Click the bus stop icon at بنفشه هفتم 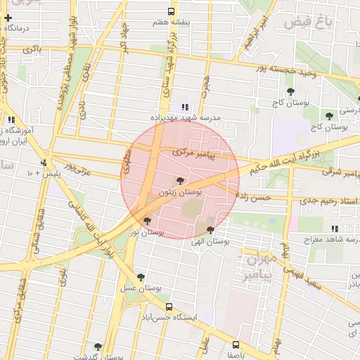point(172,11)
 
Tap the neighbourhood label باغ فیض point(308,22)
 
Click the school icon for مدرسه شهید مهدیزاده point(185,107)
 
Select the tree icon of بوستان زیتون point(182,181)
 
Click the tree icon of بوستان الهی point(210,231)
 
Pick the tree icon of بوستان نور point(147,221)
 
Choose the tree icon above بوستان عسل point(141,277)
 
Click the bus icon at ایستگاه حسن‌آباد point(169,307)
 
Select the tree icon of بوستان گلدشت point(97,347)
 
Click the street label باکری point(32,49)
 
